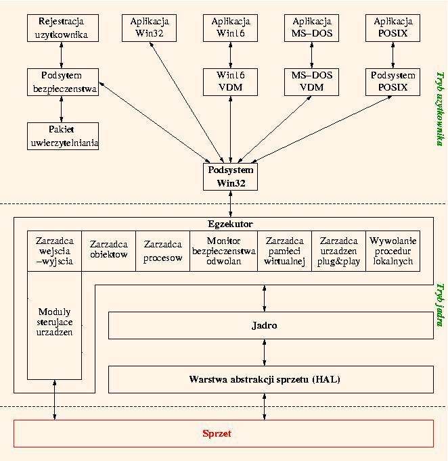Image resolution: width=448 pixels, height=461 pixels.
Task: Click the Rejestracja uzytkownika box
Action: pyautogui.click(x=62, y=28)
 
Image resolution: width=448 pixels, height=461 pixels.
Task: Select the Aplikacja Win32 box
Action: pyautogui.click(x=150, y=28)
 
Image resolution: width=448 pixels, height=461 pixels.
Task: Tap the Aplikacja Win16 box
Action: pyautogui.click(x=231, y=28)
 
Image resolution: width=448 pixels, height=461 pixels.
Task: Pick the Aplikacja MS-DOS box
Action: pyautogui.click(x=312, y=28)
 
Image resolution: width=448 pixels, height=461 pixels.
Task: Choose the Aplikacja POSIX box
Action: pyautogui.click(x=393, y=28)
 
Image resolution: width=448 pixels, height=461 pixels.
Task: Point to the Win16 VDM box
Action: pyautogui.click(x=231, y=82)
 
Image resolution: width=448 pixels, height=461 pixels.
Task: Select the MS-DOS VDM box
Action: pyautogui.click(x=312, y=82)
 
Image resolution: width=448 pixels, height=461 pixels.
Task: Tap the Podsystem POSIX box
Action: pyautogui.click(x=393, y=82)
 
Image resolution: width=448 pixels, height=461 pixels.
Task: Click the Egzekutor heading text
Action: pyautogui.click(x=230, y=223)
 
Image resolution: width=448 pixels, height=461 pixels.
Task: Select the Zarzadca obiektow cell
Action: pyautogui.click(x=109, y=251)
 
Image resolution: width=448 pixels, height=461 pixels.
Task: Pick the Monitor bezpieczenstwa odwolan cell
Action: pyautogui.click(x=223, y=251)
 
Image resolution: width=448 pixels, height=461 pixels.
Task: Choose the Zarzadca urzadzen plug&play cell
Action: pyautogui.click(x=338, y=251)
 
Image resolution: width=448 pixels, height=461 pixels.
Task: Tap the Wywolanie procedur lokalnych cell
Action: pyautogui.click(x=393, y=251)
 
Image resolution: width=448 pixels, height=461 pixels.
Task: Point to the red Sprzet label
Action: pyautogui.click(x=217, y=433)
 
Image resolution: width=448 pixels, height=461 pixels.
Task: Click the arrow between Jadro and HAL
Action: pyautogui.click(x=265, y=352)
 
